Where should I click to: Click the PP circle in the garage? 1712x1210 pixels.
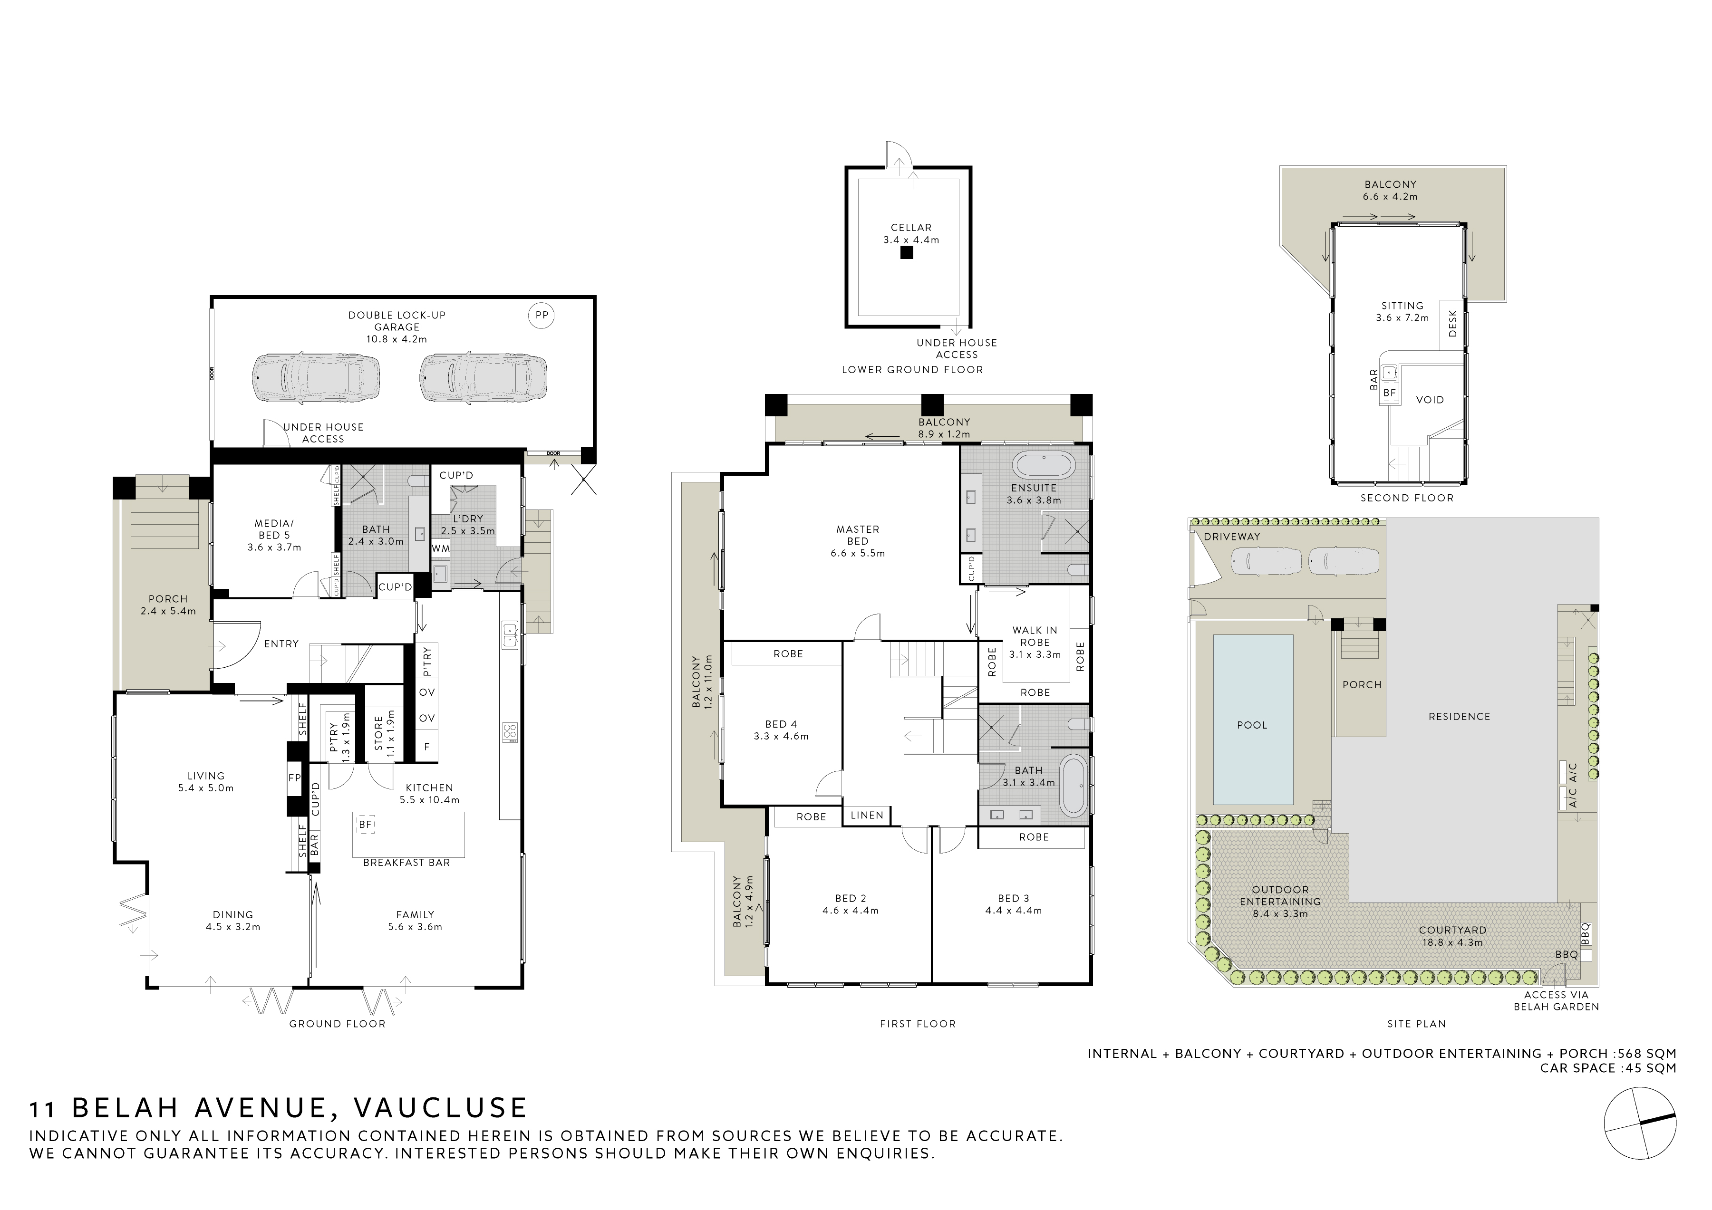(x=542, y=316)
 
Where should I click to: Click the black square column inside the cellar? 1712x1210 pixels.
(x=906, y=253)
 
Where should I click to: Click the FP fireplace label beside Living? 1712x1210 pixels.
(x=295, y=778)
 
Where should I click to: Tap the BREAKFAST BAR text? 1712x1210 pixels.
(x=406, y=863)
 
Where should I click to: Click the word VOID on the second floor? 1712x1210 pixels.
(x=1430, y=400)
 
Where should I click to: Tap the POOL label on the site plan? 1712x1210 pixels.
(x=1252, y=725)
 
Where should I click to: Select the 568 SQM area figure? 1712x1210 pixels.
(x=1649, y=1054)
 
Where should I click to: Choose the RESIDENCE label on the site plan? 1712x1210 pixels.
(x=1459, y=717)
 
